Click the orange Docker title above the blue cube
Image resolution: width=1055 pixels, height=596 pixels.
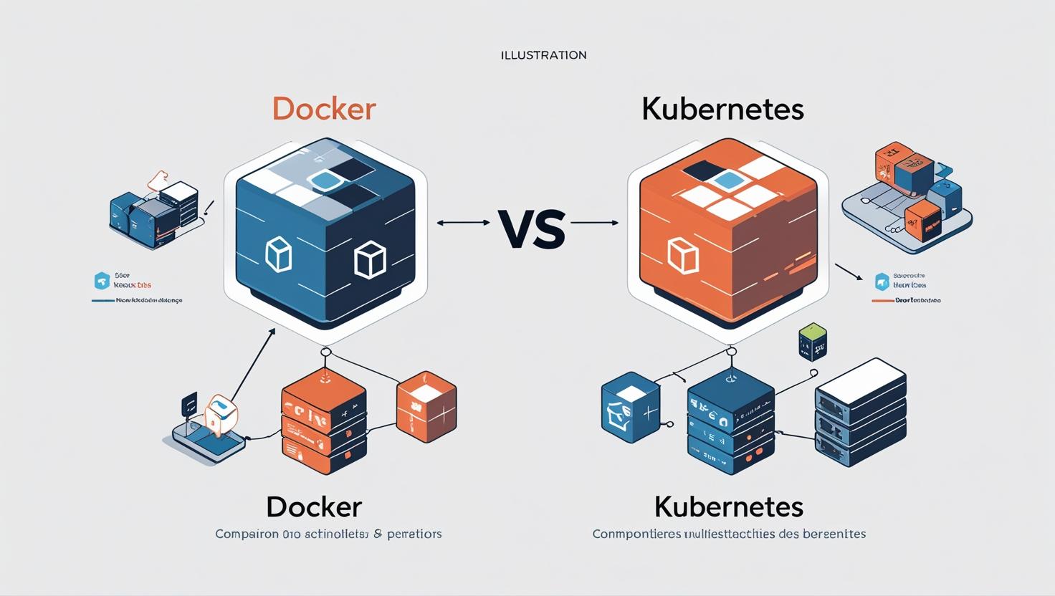(x=325, y=109)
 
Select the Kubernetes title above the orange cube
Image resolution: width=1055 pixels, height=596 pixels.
(x=722, y=109)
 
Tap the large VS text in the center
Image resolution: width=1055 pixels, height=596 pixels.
(x=530, y=230)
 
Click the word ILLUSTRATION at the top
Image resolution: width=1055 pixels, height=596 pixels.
(x=543, y=55)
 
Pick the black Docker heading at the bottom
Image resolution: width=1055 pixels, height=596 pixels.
(x=314, y=507)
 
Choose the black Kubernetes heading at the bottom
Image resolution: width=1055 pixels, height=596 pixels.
(x=728, y=507)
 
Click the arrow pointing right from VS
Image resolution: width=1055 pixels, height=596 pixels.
(x=594, y=223)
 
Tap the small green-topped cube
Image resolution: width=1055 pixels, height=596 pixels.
(x=812, y=341)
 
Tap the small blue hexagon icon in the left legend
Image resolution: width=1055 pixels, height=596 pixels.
(x=102, y=280)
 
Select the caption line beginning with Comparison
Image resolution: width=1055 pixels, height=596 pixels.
(x=328, y=534)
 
